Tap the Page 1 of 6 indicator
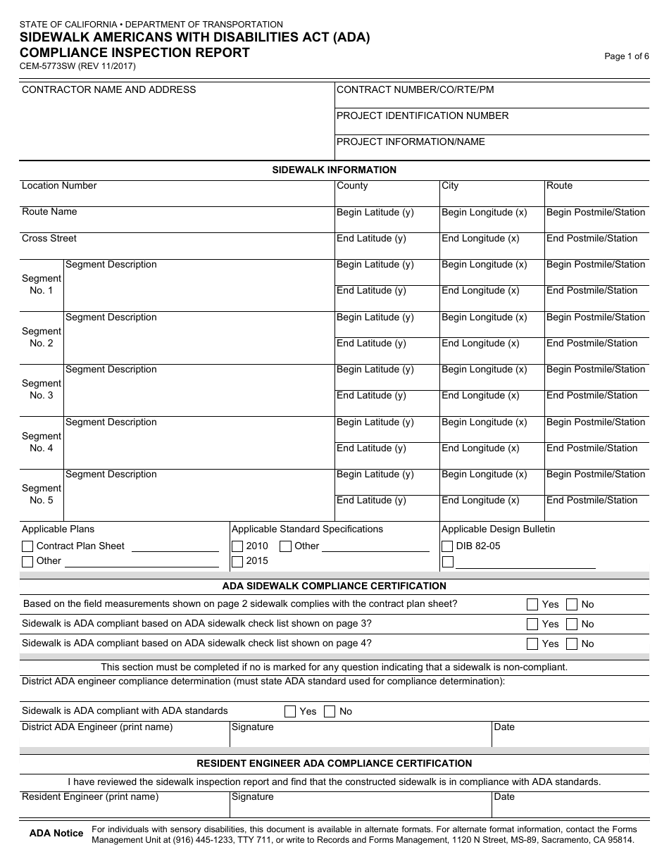[x=626, y=57]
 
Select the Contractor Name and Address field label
[x=109, y=90]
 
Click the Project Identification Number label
[x=423, y=116]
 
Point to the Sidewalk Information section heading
[x=334, y=170]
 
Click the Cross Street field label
[x=49, y=239]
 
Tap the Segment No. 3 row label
[x=42, y=389]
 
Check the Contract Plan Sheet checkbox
[x=27, y=546]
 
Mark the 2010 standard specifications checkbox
[x=238, y=546]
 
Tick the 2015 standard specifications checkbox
[x=238, y=562]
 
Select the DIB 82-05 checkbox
[x=447, y=546]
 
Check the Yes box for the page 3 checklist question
[x=533, y=625]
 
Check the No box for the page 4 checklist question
[x=572, y=644]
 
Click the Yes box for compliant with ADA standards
[x=290, y=712]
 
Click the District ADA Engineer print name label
[x=97, y=727]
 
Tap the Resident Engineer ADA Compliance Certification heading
[x=334, y=763]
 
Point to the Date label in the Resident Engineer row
[x=504, y=797]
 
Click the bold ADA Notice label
[x=56, y=834]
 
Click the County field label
[x=352, y=186]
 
